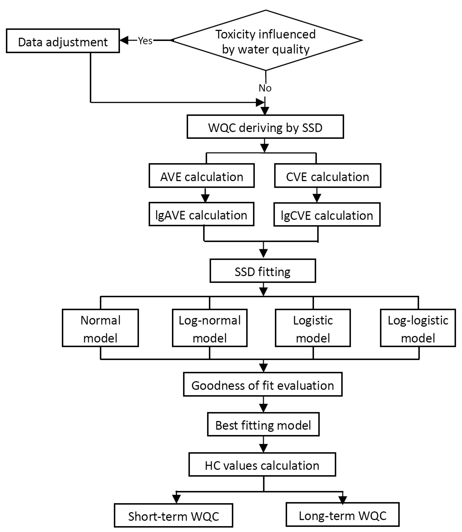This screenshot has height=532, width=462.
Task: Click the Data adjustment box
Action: pyautogui.click(x=63, y=41)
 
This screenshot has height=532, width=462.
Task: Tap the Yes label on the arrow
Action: pyautogui.click(x=145, y=41)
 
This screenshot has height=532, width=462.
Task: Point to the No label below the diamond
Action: pyautogui.click(x=265, y=88)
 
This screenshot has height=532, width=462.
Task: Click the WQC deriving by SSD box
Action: pyautogui.click(x=265, y=127)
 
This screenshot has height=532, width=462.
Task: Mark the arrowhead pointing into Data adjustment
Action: pyautogui.click(x=124, y=40)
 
